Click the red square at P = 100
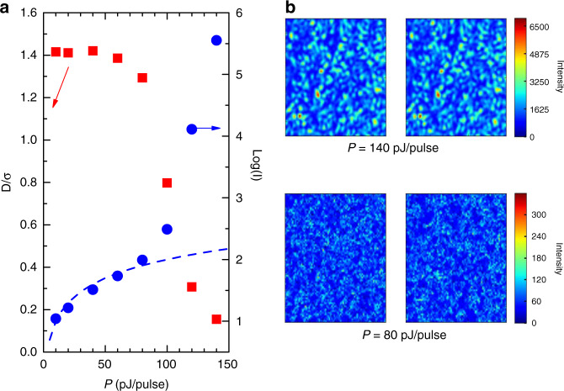pos(167,182)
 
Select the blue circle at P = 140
pos(216,40)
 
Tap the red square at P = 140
pos(216,319)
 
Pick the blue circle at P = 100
pos(167,229)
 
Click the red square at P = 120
pos(192,287)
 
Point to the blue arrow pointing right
pos(210,129)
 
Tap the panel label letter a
pos(6,8)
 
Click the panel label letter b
pos(291,8)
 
